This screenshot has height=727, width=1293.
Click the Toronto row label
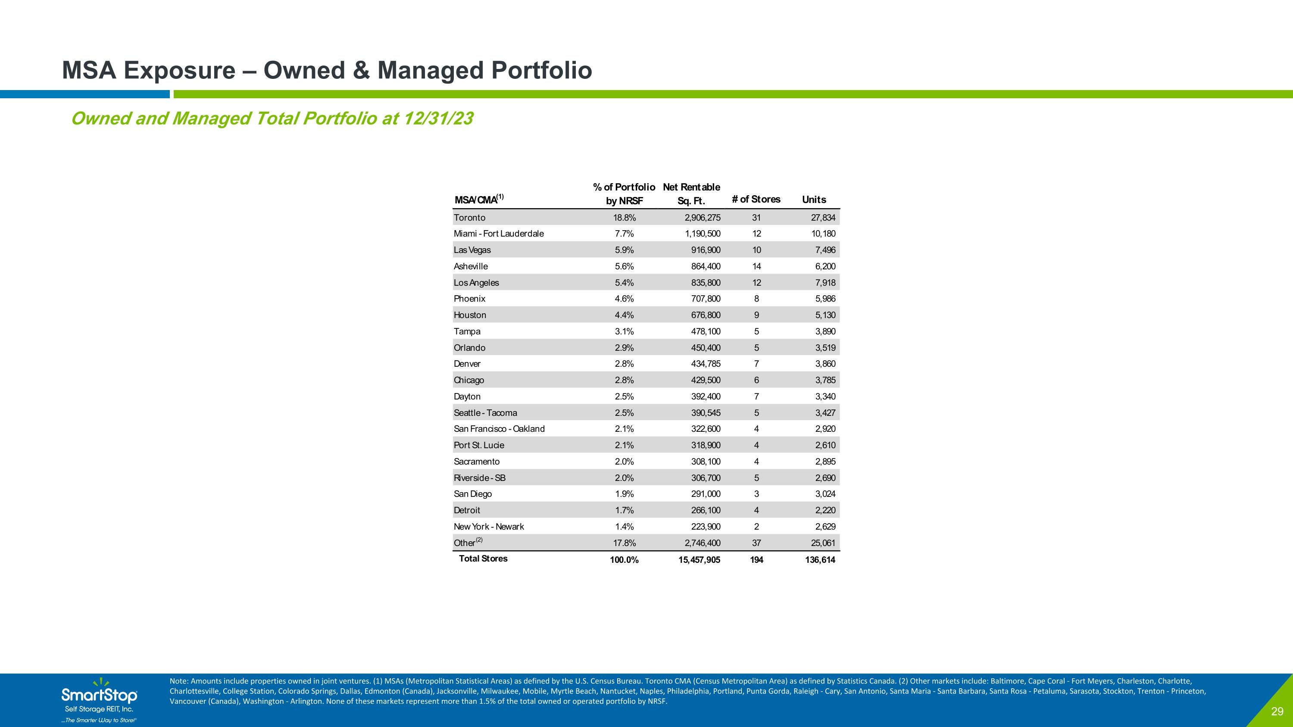pos(469,218)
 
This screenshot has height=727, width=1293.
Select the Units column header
pos(814,200)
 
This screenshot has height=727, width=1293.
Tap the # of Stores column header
pos(756,199)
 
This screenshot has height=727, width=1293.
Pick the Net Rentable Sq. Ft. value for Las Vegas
pos(706,250)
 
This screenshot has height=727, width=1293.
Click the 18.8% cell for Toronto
pos(625,218)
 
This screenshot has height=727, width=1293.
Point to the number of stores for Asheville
pos(756,266)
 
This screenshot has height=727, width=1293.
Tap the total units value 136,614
pos(820,560)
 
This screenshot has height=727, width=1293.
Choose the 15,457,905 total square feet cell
pos(699,560)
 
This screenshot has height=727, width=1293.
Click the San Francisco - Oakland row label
pos(499,429)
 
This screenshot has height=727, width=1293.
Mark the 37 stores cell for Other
pos(756,543)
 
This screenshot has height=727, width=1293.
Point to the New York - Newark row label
pos(488,527)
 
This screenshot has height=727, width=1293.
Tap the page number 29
pos(1277,711)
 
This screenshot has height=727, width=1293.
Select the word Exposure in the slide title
pos(179,70)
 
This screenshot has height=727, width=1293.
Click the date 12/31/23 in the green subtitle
pos(438,119)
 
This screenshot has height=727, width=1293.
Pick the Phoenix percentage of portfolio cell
pos(625,299)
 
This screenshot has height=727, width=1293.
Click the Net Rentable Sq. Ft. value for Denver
pos(706,364)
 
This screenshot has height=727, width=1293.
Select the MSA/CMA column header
pos(479,199)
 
